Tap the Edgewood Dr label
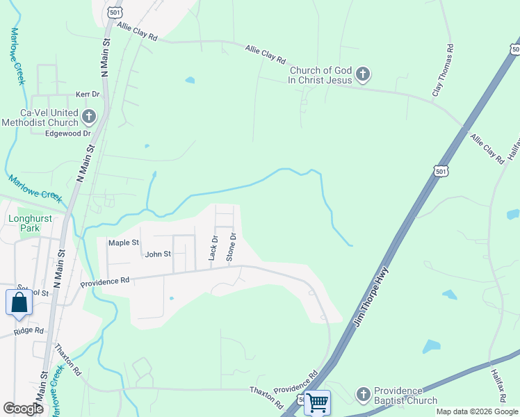tap(68, 133)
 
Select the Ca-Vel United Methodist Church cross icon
tap(88, 116)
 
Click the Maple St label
tap(124, 243)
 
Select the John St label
tap(158, 254)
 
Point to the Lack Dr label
tap(213, 248)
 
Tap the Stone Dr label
tap(232, 247)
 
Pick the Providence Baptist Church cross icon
tap(362, 395)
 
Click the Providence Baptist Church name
tap(406, 395)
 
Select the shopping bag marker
tap(18, 303)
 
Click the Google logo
tap(23, 409)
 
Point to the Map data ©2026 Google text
tap(476, 411)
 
